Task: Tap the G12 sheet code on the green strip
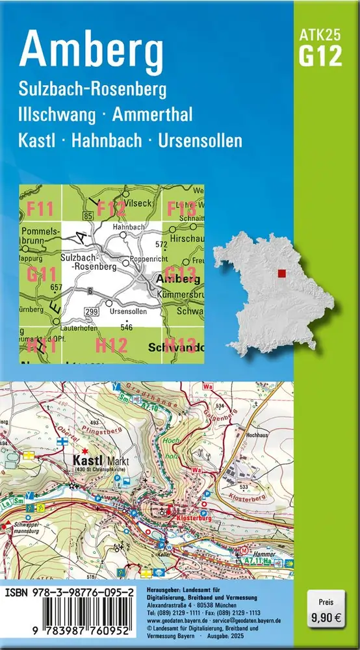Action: [x=320, y=57]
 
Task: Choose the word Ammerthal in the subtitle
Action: [x=152, y=115]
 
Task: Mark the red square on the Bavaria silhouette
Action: [x=281, y=274]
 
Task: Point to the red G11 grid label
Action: [x=42, y=275]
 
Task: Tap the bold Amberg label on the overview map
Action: [x=175, y=279]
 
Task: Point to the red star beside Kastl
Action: [x=84, y=448]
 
